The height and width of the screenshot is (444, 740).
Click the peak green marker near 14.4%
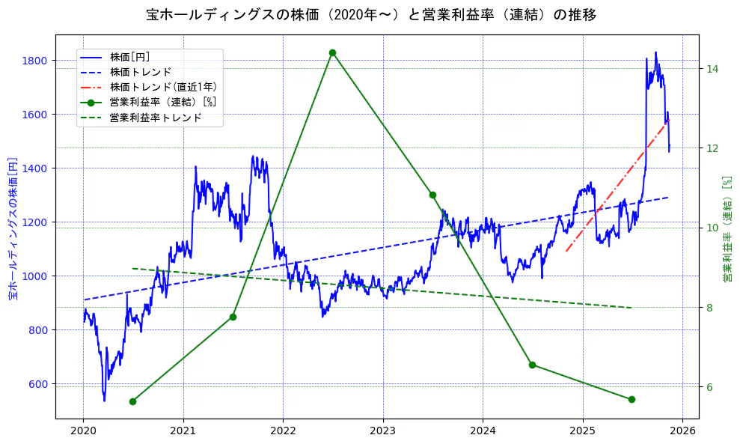point(332,53)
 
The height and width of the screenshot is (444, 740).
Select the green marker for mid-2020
point(132,401)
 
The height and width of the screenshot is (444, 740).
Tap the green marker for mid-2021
point(233,317)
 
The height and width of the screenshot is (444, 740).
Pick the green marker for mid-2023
point(432,195)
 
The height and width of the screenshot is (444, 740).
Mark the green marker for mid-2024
point(532,365)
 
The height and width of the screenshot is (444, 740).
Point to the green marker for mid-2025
point(632,399)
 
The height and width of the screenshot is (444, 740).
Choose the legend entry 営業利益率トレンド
point(156,118)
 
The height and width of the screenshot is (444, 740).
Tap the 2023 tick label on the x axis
point(382,431)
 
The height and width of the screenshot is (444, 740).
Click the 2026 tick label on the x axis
point(682,431)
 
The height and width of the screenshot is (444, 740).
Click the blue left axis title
point(13,228)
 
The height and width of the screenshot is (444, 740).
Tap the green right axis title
point(727,228)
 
